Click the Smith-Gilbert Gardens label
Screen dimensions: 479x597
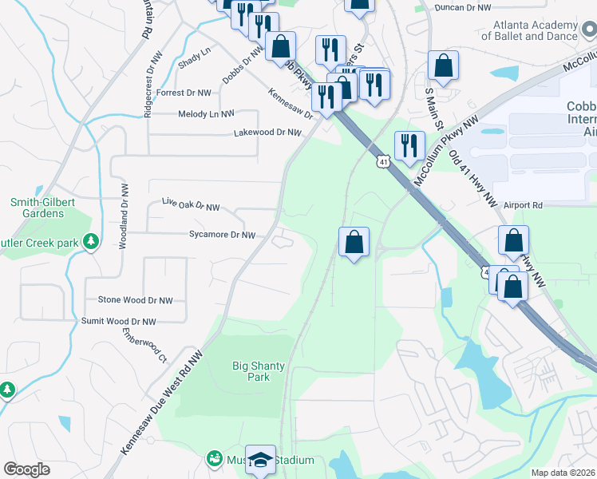point(37,208)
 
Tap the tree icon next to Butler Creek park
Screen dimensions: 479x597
point(92,240)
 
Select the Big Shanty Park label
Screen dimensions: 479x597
point(258,371)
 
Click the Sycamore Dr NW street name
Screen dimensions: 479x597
point(222,236)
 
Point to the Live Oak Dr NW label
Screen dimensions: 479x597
point(190,208)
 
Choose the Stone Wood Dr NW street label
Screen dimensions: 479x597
point(135,300)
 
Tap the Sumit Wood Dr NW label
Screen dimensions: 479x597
point(119,321)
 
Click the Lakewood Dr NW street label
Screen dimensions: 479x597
point(259,133)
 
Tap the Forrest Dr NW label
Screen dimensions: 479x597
point(184,93)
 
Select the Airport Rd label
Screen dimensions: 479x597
point(523,205)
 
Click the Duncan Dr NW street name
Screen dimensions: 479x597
point(462,7)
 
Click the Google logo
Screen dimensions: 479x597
point(26,469)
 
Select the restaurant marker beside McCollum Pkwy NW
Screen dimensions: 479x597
point(409,146)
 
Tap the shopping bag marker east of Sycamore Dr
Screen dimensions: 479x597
point(354,242)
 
